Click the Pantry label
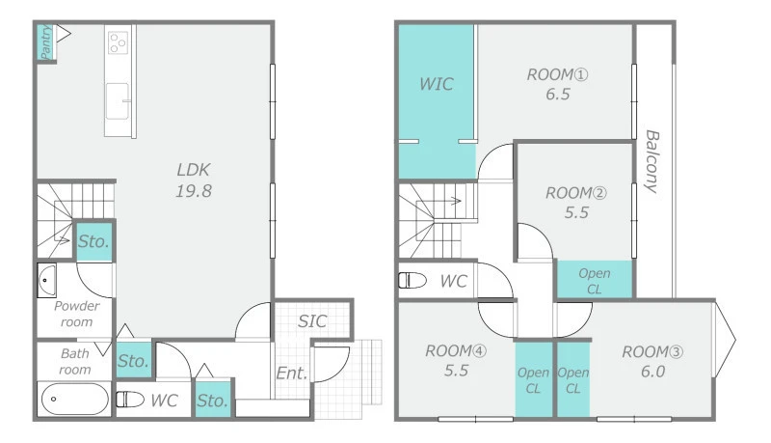(x=45, y=42)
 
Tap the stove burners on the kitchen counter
(x=118, y=42)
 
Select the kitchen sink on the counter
(x=118, y=101)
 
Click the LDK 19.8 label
(x=194, y=180)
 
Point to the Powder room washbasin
(x=46, y=280)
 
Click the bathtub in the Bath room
(x=75, y=399)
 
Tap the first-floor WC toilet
(x=130, y=400)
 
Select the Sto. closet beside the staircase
(x=93, y=240)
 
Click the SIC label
(x=312, y=321)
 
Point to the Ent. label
(x=292, y=373)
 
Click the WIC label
(x=437, y=84)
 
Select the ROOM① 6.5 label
(x=558, y=84)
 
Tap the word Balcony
(x=652, y=161)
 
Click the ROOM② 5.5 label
(x=576, y=203)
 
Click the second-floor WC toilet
(x=412, y=280)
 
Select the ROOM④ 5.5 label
(x=456, y=360)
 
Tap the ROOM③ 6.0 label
(x=652, y=361)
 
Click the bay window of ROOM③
(x=725, y=339)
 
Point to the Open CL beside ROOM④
(x=534, y=379)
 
